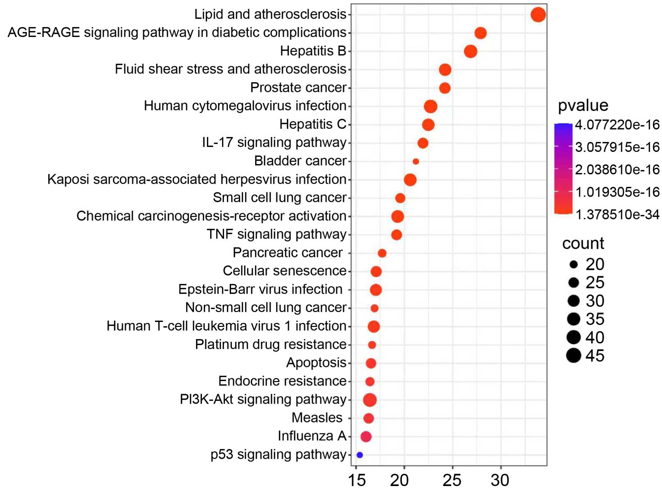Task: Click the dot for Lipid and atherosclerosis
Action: (538, 15)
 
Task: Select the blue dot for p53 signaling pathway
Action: (360, 455)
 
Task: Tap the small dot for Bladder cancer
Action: (416, 161)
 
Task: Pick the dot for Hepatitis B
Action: (470, 52)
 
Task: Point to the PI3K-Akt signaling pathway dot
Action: (370, 400)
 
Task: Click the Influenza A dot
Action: (366, 437)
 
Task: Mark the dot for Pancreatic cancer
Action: (382, 253)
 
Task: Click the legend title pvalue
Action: (583, 106)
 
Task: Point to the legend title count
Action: (583, 244)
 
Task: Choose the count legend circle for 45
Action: (574, 356)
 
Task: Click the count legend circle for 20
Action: (574, 264)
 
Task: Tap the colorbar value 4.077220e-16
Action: (617, 125)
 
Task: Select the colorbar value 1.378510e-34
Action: (617, 215)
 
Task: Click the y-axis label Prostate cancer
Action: (298, 88)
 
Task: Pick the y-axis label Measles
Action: (317, 418)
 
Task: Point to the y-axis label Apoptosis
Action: (316, 363)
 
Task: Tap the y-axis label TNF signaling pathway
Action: (276, 234)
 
